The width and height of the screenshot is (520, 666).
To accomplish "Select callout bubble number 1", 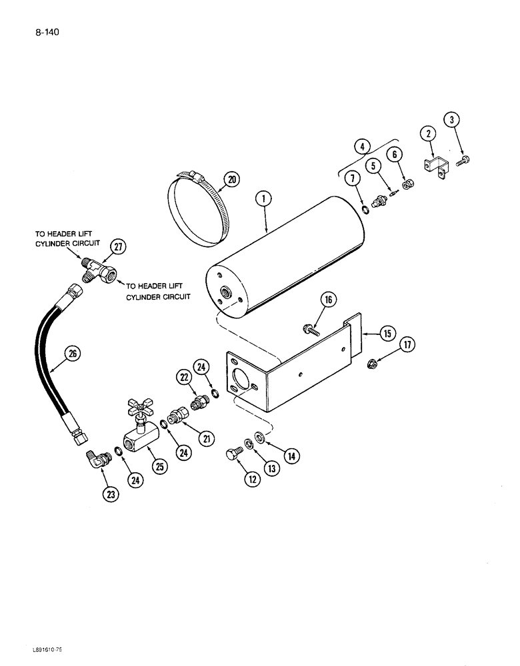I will [265, 197].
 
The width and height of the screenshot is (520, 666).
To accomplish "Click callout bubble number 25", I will [159, 468].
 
